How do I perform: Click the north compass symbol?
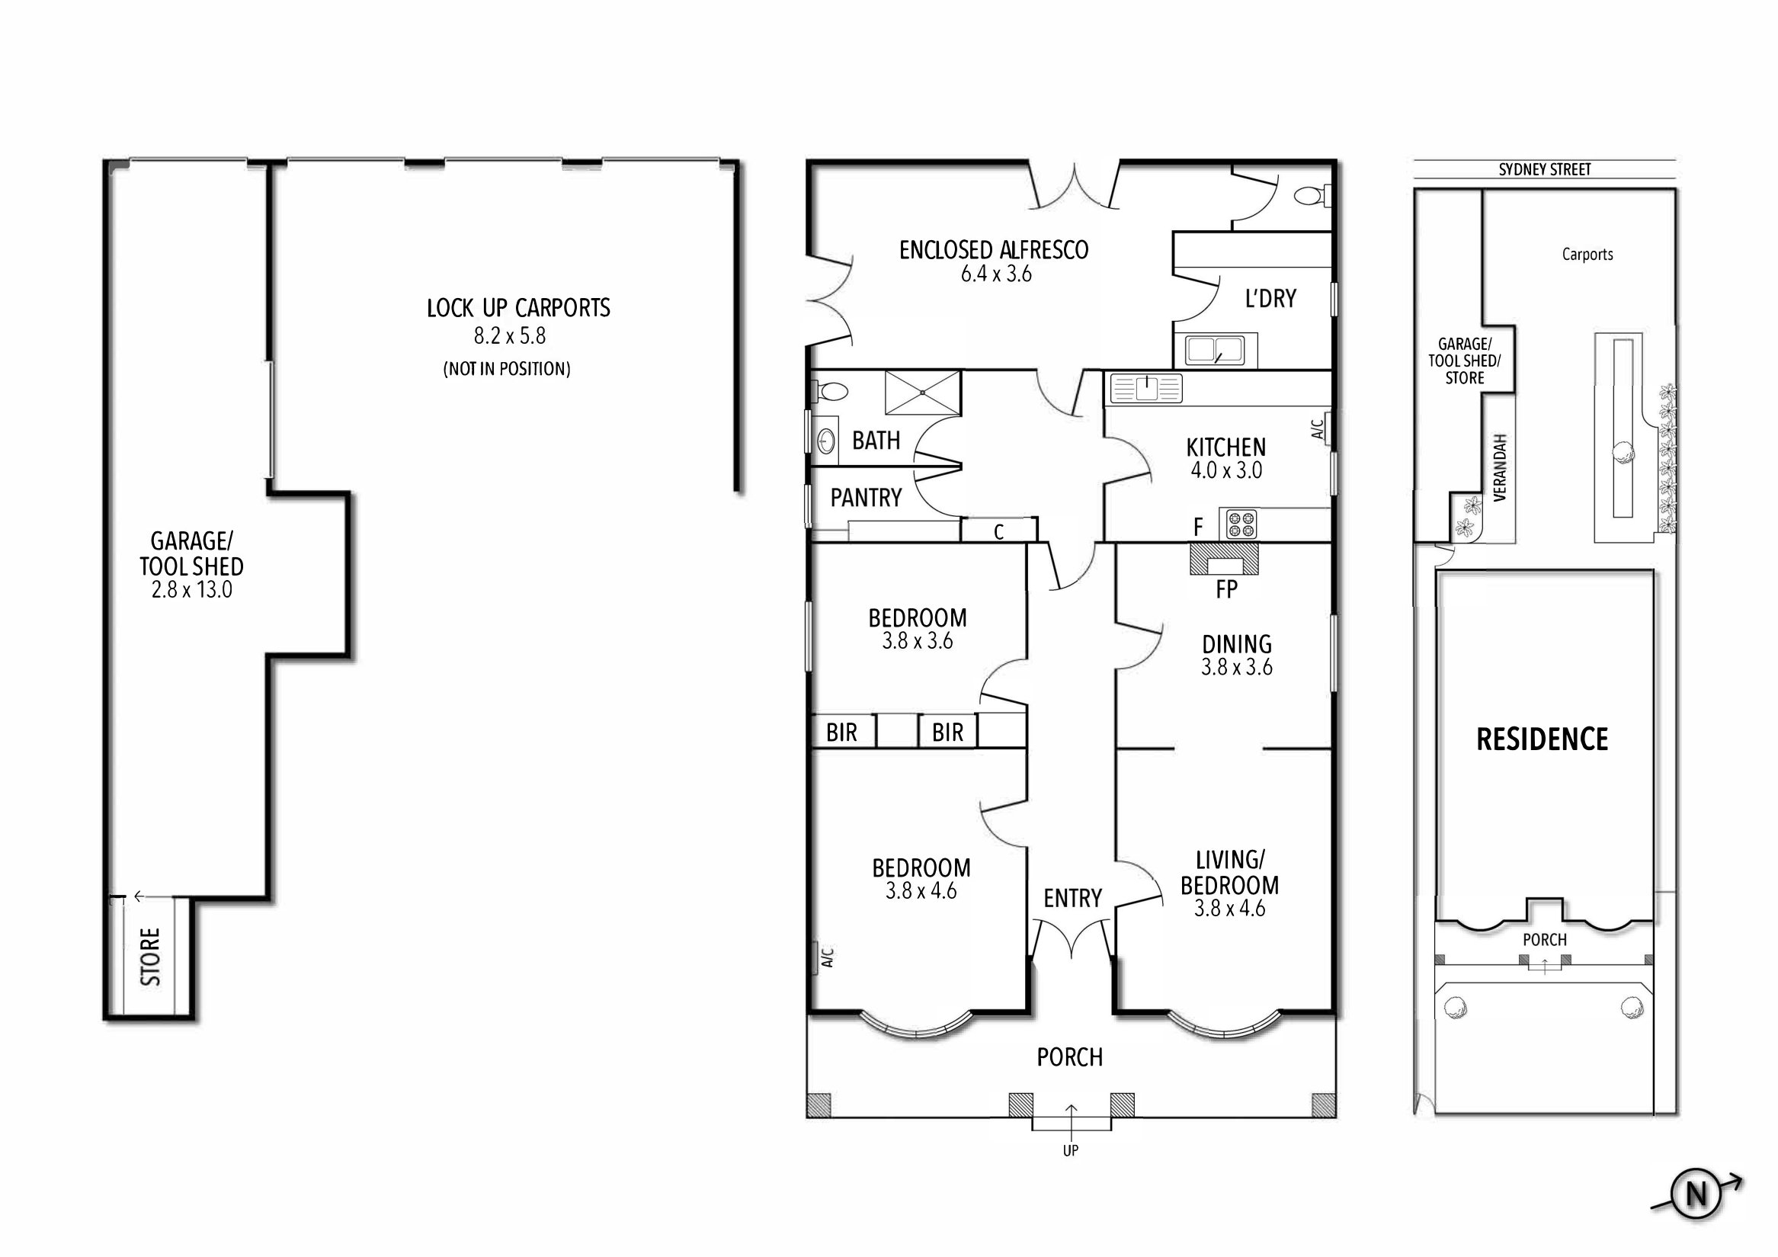pyautogui.click(x=1696, y=1215)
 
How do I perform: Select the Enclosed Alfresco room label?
pyautogui.click(x=994, y=249)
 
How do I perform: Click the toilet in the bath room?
pyautogui.click(x=830, y=391)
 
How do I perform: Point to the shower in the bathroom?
pyautogui.click(x=922, y=393)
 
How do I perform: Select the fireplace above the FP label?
pyautogui.click(x=1224, y=560)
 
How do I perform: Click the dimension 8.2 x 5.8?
pyautogui.click(x=510, y=336)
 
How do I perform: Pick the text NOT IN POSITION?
pyautogui.click(x=508, y=370)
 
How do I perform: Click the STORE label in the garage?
pyautogui.click(x=151, y=957)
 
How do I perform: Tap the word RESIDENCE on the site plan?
pyautogui.click(x=1542, y=739)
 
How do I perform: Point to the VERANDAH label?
pyautogui.click(x=1500, y=468)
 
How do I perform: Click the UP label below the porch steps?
pyautogui.click(x=1070, y=1152)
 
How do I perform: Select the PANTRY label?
pyautogui.click(x=866, y=498)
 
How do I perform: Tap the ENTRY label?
pyautogui.click(x=1072, y=899)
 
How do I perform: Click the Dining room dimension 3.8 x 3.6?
pyautogui.click(x=1237, y=668)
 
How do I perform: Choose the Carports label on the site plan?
pyautogui.click(x=1587, y=255)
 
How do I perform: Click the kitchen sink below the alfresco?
pyautogui.click(x=1146, y=388)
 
